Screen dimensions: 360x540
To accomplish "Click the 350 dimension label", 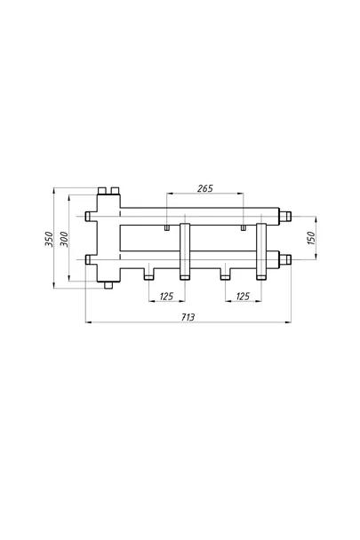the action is point(49,239).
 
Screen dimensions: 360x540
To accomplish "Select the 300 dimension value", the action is point(65,239).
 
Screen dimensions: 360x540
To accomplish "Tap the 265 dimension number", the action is point(205,188).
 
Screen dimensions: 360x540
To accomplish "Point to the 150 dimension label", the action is point(311,238).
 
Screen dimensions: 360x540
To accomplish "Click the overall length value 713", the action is point(188,317).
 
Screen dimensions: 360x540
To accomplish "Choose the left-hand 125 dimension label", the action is point(166,296).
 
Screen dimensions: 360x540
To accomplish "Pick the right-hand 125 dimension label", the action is point(243,296).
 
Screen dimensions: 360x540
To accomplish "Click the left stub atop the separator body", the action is point(102,190).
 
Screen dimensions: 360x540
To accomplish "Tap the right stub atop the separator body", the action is point(115,190).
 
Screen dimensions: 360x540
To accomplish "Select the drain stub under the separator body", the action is point(108,285).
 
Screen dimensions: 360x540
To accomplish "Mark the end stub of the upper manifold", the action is point(285,217).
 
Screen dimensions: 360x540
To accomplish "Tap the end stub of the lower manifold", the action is point(285,259).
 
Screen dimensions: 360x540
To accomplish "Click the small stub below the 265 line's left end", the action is point(166,227).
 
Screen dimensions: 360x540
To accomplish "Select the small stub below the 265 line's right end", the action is point(244,227).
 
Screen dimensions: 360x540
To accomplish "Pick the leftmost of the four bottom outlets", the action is point(149,276).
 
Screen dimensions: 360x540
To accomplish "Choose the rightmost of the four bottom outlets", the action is point(261,277).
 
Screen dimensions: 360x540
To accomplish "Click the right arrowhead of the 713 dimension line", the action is point(288,322).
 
